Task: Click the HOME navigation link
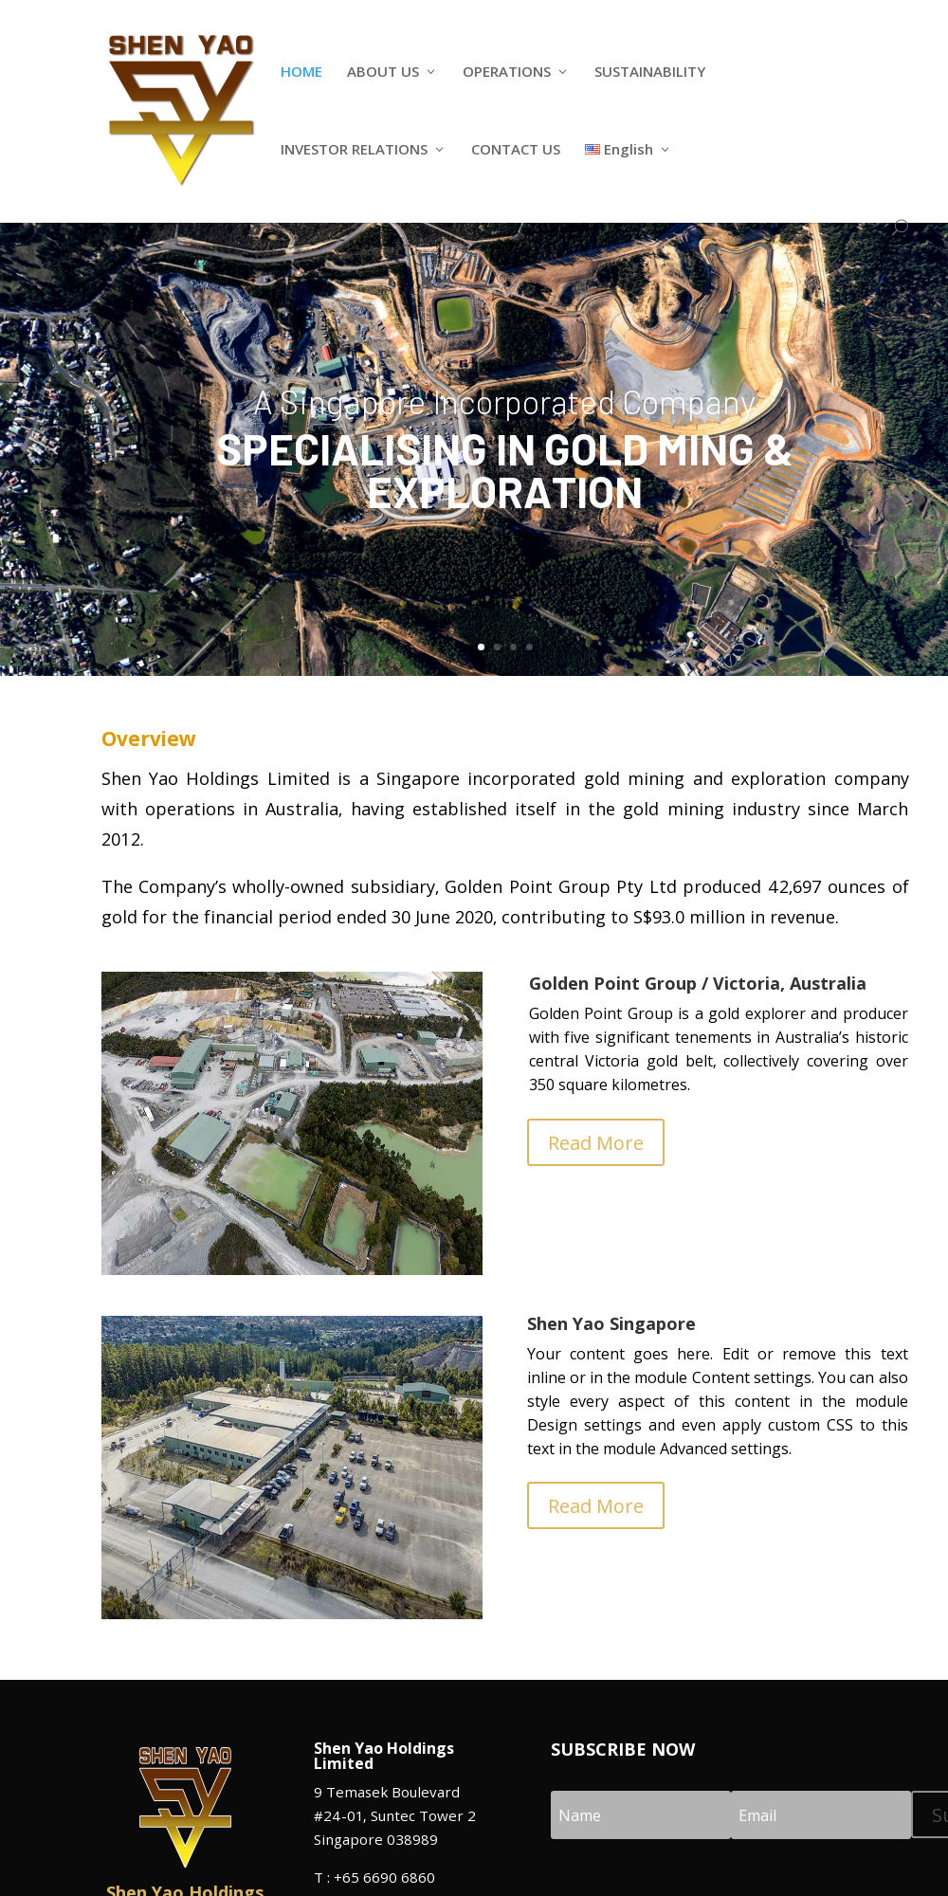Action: point(301,72)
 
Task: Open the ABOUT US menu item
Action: point(383,72)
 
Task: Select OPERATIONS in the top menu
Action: point(506,72)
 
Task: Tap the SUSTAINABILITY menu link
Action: point(649,72)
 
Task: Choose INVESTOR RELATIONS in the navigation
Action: point(354,150)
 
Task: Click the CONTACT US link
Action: point(516,150)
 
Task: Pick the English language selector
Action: point(628,150)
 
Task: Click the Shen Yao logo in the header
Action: point(181,109)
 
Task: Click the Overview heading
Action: point(149,739)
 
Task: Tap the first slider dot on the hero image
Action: point(482,647)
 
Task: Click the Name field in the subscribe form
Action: point(640,1815)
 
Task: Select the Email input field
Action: point(820,1815)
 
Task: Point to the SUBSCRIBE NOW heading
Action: point(623,1750)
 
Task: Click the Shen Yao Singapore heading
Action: point(611,1324)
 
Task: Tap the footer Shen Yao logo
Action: point(185,1806)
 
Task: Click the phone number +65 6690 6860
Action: point(384,1878)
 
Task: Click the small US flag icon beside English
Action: point(592,150)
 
